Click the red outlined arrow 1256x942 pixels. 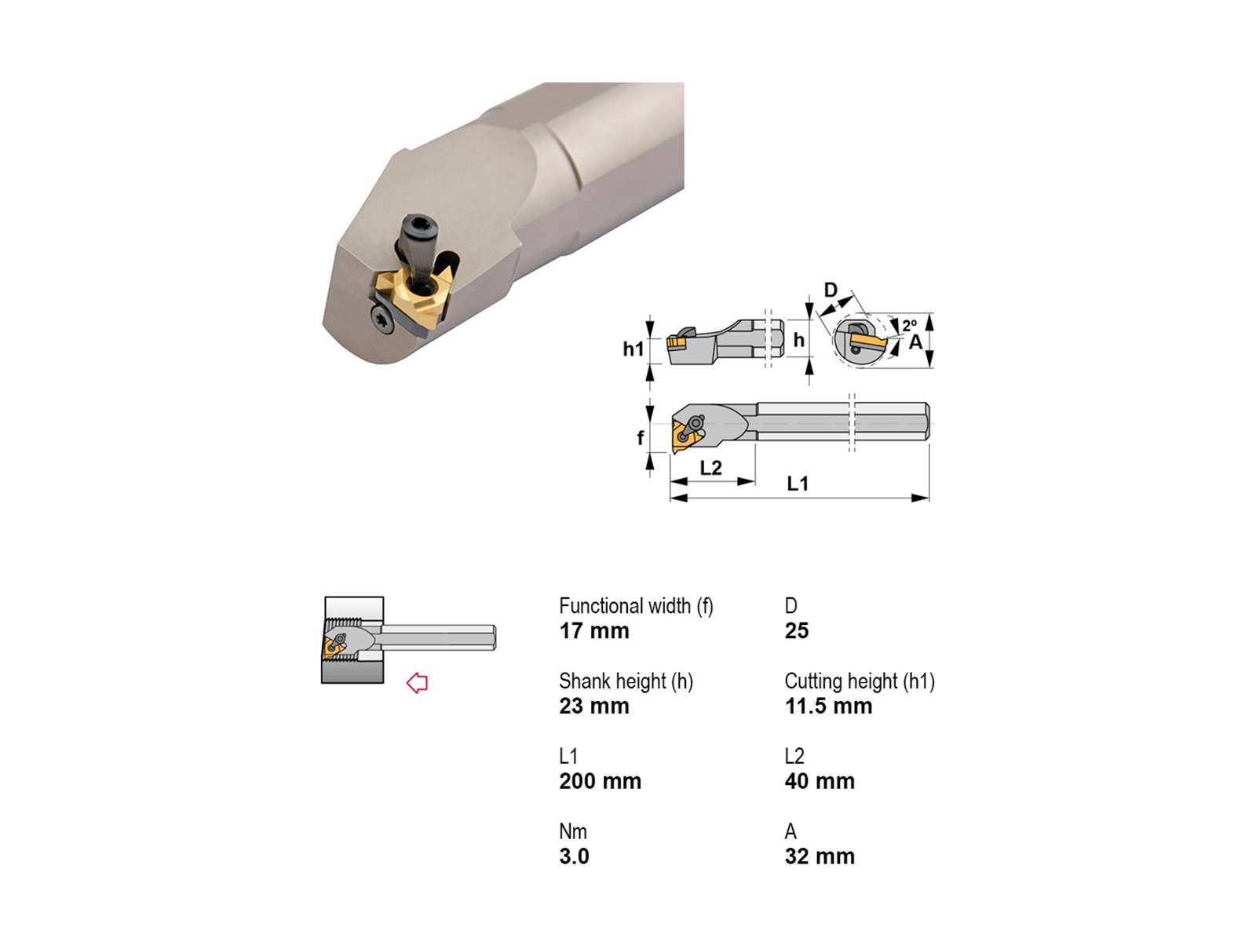tap(417, 682)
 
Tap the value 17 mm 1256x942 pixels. tap(594, 631)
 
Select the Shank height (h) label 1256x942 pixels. tap(626, 681)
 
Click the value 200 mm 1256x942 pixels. tap(601, 781)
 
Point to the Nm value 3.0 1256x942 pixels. tap(574, 856)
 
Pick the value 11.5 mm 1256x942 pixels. tap(828, 706)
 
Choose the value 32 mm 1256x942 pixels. tap(820, 856)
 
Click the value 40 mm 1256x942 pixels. tap(820, 781)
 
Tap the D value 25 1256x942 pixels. tap(797, 631)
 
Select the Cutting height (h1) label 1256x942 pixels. tap(860, 681)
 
